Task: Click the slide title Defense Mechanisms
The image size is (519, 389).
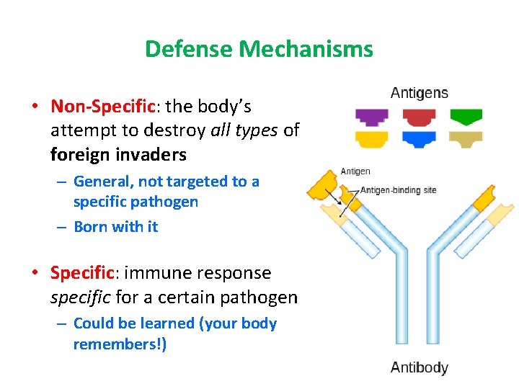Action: click(x=259, y=49)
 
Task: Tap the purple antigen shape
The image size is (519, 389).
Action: click(x=371, y=116)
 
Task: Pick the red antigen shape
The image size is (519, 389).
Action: click(x=419, y=116)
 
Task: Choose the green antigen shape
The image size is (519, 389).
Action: click(x=466, y=116)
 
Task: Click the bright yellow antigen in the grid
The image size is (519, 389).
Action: click(x=371, y=138)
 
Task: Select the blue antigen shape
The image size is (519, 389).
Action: click(x=419, y=138)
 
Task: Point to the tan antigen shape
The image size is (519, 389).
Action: click(x=466, y=138)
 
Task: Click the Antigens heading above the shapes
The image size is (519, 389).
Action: click(x=419, y=93)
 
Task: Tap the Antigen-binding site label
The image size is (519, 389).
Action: click(x=398, y=190)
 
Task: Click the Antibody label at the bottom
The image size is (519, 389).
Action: click(x=419, y=367)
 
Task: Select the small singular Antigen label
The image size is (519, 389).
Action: click(x=355, y=171)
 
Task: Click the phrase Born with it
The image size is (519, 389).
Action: click(x=115, y=226)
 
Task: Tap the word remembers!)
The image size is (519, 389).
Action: click(x=120, y=344)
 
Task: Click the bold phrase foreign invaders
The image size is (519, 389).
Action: click(x=118, y=154)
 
